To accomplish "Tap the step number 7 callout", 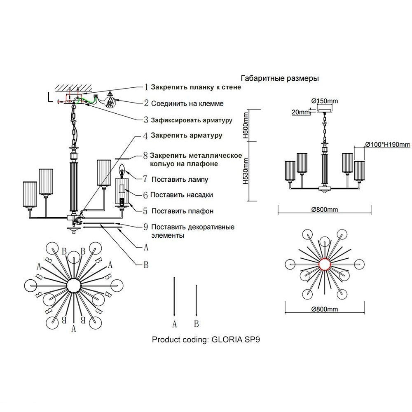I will (145, 179).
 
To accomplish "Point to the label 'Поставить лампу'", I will (180, 179).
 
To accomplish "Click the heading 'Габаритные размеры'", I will (279, 78).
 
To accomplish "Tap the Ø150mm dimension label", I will (325, 101).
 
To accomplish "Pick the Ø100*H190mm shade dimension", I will (387, 144).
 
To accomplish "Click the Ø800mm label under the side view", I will (325, 209).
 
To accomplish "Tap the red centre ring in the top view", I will (325, 263).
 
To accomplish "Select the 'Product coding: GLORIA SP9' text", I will (206, 340).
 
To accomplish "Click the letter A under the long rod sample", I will (174, 324).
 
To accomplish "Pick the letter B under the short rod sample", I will (197, 324).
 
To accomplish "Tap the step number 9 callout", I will (145, 227).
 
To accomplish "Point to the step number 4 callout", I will (145, 135).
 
